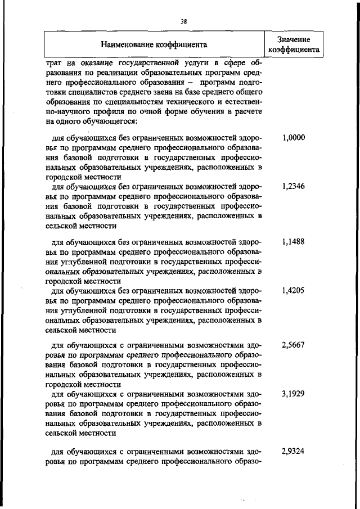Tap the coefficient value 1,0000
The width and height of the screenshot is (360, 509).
point(293,137)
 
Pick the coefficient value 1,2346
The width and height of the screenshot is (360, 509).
point(293,186)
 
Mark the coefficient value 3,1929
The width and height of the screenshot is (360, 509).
point(293,394)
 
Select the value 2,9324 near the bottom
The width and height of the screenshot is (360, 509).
point(293,451)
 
